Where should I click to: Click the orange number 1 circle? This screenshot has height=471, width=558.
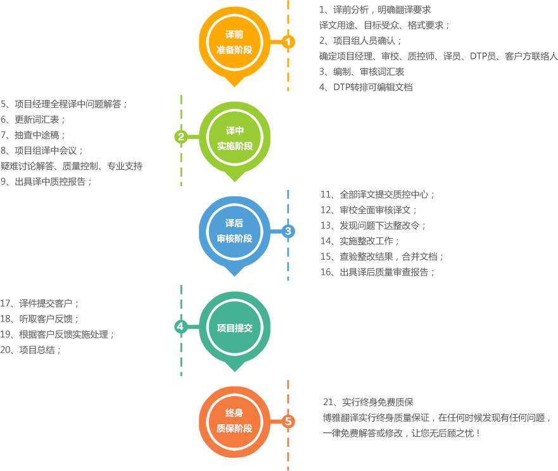pyautogui.click(x=288, y=42)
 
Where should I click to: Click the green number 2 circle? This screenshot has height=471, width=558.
pyautogui.click(x=181, y=136)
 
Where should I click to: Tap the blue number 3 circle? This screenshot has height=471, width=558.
pyautogui.click(x=288, y=231)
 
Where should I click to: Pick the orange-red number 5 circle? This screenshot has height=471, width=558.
pyautogui.click(x=288, y=421)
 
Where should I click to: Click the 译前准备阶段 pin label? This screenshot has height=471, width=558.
pyautogui.click(x=234, y=42)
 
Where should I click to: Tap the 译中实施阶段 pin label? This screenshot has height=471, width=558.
pyautogui.click(x=234, y=138)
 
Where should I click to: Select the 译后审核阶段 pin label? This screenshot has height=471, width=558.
pyautogui.click(x=234, y=231)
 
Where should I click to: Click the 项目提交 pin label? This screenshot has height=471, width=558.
pyautogui.click(x=234, y=328)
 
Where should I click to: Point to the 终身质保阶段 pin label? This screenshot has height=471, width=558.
pyautogui.click(x=234, y=421)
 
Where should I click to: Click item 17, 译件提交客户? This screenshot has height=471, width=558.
pyautogui.click(x=40, y=303)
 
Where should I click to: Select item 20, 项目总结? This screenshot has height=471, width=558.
pyautogui.click(x=31, y=349)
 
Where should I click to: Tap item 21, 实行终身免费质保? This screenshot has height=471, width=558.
pyautogui.click(x=368, y=402)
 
